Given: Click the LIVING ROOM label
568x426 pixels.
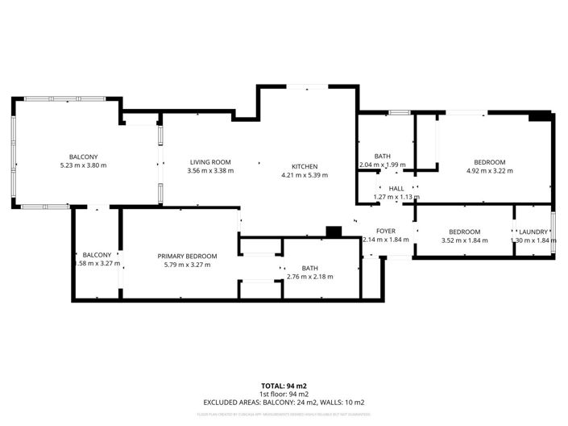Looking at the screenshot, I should click(x=209, y=161).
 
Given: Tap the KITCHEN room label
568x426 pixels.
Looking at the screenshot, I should click(x=305, y=166).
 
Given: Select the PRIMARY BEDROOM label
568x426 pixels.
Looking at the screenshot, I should click(x=187, y=256).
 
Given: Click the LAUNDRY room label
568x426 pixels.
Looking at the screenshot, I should click(x=533, y=232).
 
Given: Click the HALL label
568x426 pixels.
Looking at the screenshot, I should click(x=396, y=189).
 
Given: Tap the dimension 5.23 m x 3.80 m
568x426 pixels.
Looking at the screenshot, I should click(x=83, y=165).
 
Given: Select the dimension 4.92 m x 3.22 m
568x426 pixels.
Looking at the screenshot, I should click(x=490, y=171).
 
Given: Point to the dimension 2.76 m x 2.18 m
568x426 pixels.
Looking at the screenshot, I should click(x=309, y=277).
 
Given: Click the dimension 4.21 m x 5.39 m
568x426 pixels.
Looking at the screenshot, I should click(x=305, y=175).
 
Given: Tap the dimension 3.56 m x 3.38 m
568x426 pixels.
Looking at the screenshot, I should click(x=209, y=170).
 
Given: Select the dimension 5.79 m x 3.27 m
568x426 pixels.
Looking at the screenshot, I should click(x=187, y=265).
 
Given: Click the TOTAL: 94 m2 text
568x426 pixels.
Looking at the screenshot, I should click(x=283, y=386).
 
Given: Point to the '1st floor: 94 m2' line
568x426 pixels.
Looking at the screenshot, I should click(x=283, y=395).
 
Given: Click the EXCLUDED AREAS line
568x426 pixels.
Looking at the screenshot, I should click(x=283, y=403).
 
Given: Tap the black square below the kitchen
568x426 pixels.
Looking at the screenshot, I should click(x=333, y=232).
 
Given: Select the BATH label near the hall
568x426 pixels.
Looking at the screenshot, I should click(x=382, y=157).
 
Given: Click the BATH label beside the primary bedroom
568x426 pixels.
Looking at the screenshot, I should click(x=309, y=268).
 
